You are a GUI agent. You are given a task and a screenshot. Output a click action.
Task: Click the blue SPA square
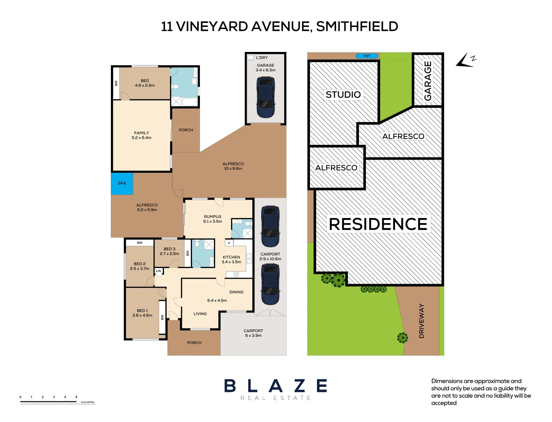tap(122, 184)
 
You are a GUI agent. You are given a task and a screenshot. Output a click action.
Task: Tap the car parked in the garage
tap(265, 97)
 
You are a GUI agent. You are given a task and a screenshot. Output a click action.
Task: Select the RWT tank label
tap(367, 56)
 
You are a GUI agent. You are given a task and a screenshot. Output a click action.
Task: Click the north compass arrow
tap(465, 61)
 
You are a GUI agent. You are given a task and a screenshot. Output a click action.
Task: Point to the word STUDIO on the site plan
tap(343, 95)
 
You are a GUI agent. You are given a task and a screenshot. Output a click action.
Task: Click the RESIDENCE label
tap(378, 224)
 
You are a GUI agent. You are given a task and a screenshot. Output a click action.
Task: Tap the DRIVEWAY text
tap(421, 320)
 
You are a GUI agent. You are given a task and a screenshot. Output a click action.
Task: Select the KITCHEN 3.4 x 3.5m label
tap(231, 259)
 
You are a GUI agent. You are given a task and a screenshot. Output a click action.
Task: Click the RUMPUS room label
tap(212, 219)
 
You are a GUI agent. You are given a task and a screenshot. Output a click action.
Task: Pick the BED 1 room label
tap(142, 313)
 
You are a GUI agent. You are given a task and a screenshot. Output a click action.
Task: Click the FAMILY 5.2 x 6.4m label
tap(141, 135)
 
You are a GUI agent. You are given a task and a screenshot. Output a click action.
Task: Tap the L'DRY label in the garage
tap(262, 58)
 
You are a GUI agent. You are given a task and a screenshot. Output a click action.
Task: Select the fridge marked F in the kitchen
tap(229, 243)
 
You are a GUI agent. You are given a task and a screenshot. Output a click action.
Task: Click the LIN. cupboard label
tap(158, 271)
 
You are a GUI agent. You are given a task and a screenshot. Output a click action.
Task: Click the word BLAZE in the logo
tap(276, 386)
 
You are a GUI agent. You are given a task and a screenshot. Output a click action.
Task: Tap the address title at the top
tap(280, 27)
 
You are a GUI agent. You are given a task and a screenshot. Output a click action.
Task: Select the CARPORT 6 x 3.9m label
tap(253, 333)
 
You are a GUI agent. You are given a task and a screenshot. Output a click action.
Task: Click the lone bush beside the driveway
tap(402, 337)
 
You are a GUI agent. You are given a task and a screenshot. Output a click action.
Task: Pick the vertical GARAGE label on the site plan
tap(428, 80)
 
